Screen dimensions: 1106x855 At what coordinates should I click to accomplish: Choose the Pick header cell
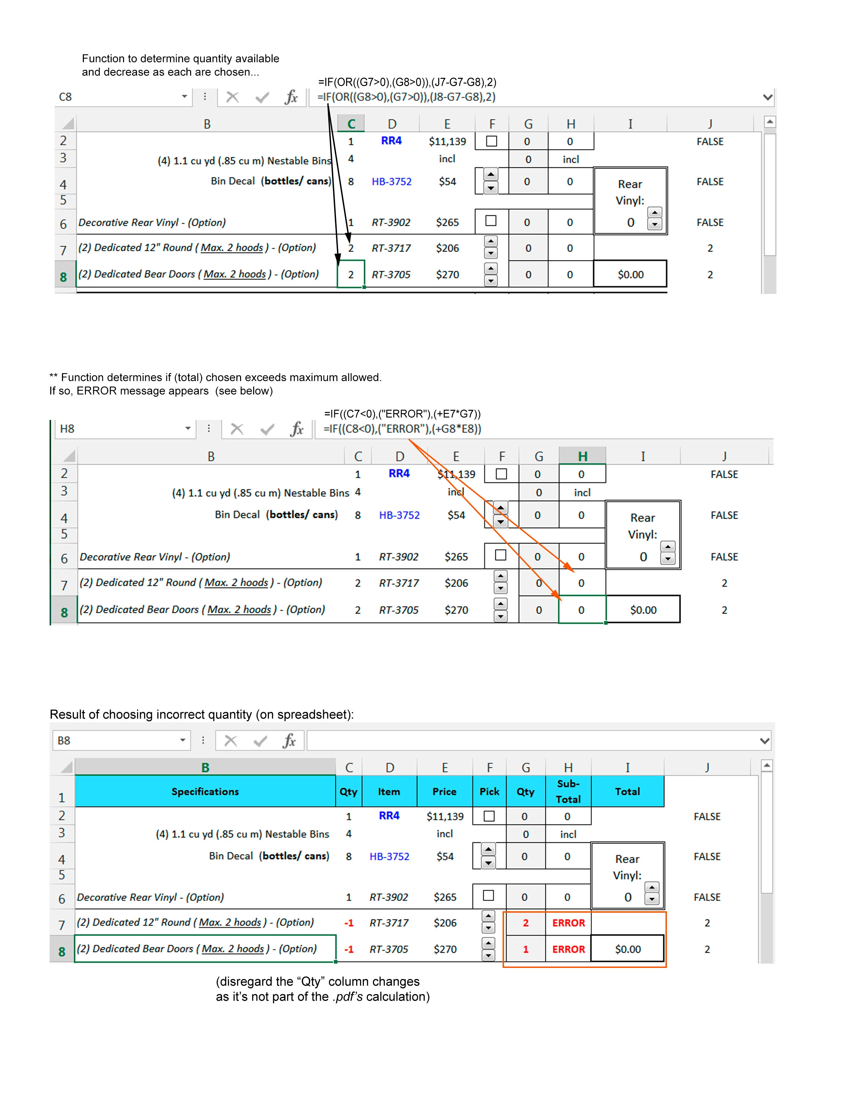(489, 792)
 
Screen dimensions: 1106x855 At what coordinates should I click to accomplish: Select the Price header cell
(444, 792)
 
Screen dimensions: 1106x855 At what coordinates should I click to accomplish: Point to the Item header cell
(389, 792)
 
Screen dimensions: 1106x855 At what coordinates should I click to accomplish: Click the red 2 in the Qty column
(525, 923)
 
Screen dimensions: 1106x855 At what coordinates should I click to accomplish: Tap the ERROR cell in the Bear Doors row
(568, 949)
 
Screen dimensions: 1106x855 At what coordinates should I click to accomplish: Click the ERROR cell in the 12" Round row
(568, 923)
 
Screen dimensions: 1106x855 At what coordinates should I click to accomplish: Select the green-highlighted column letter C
(351, 124)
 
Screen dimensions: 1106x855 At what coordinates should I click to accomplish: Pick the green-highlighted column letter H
(582, 456)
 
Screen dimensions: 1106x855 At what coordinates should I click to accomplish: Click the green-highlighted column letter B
(205, 767)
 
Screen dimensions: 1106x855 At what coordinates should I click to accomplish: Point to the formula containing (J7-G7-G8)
(407, 82)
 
